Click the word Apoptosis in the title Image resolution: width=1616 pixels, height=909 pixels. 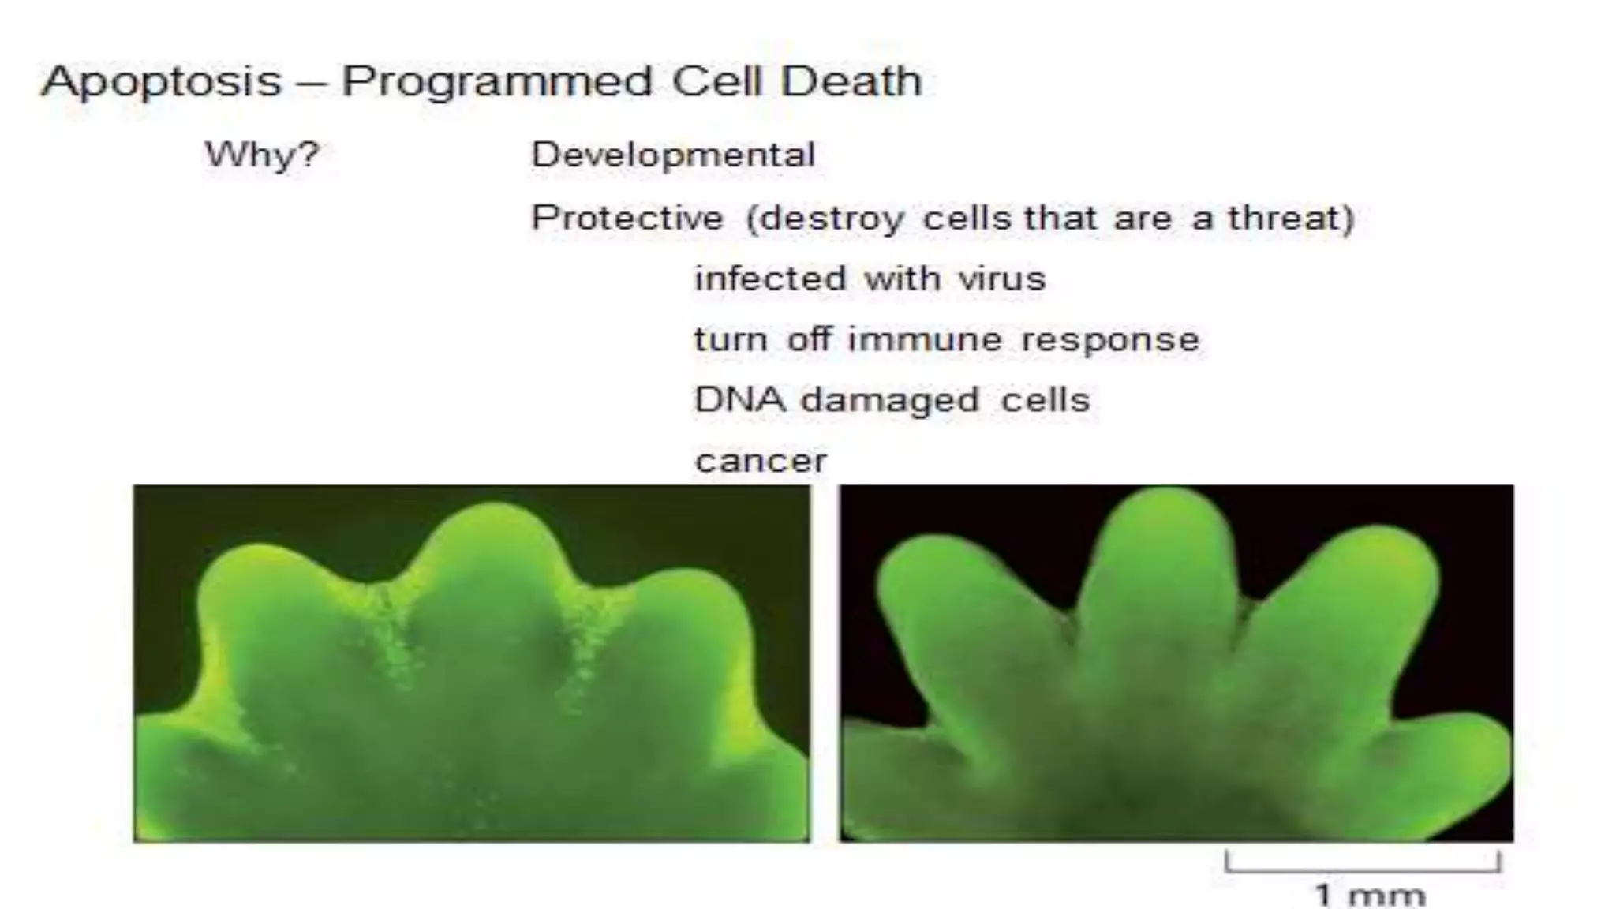[162, 82]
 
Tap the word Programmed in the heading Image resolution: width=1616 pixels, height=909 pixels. [497, 82]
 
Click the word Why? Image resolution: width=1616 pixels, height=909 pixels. [262, 154]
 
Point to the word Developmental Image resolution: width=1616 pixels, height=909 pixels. [673, 155]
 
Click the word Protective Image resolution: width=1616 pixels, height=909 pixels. [627, 219]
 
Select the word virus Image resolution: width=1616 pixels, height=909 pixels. [1001, 279]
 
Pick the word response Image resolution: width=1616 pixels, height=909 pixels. [1109, 341]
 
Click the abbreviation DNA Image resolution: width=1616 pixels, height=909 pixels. [740, 399]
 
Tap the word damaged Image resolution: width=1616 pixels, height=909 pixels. [890, 401]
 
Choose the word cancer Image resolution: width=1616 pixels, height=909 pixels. [761, 461]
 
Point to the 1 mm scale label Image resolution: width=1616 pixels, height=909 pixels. [1369, 896]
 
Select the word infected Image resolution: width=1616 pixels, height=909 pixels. [769, 279]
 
